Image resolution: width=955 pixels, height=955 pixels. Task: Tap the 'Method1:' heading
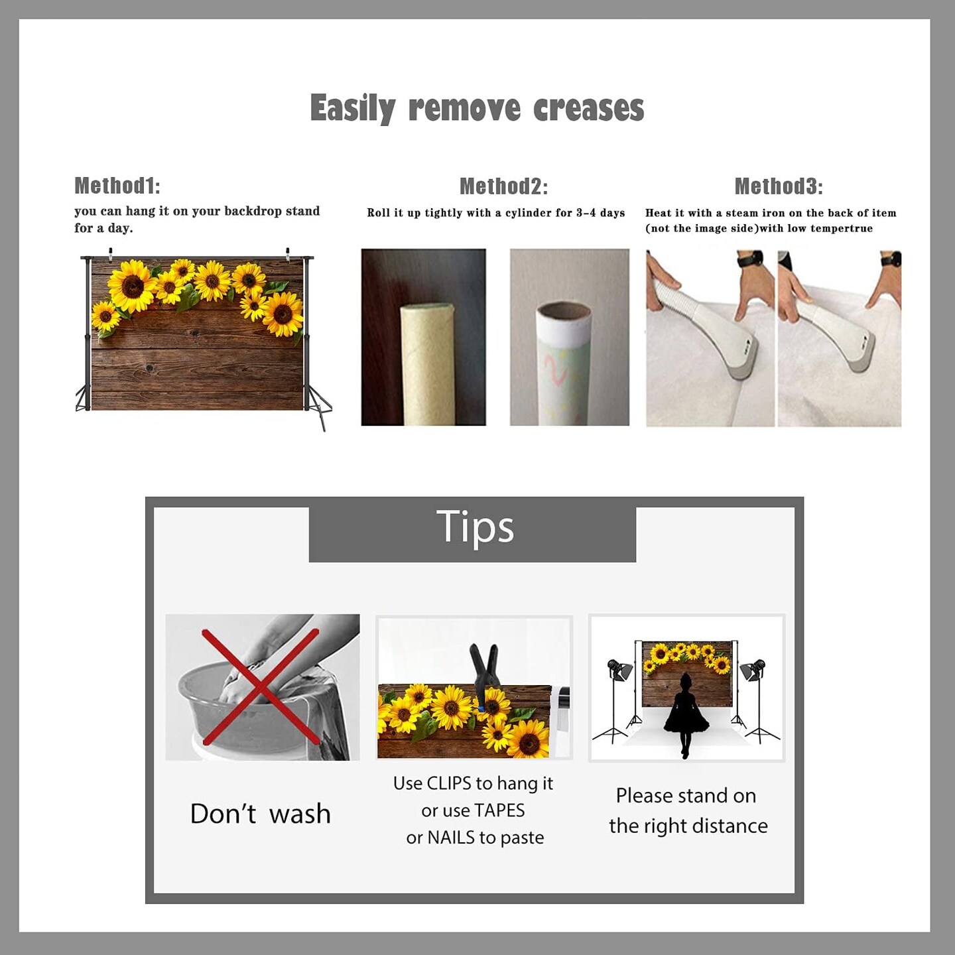[x=117, y=186]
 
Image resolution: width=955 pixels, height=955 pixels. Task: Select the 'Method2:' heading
[x=503, y=186]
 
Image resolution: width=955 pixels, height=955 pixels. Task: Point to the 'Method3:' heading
[x=779, y=186]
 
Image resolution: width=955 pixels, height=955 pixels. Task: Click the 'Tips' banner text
[x=475, y=527]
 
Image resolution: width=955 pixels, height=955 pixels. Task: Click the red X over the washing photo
[x=260, y=687]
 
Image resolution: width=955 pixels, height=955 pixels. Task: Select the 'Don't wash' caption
[x=261, y=813]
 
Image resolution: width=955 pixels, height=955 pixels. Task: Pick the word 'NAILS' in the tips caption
[x=450, y=838]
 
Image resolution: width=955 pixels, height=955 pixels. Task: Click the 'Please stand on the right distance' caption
[x=688, y=811]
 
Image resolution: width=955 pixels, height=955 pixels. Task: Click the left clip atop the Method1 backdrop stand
[x=111, y=254]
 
